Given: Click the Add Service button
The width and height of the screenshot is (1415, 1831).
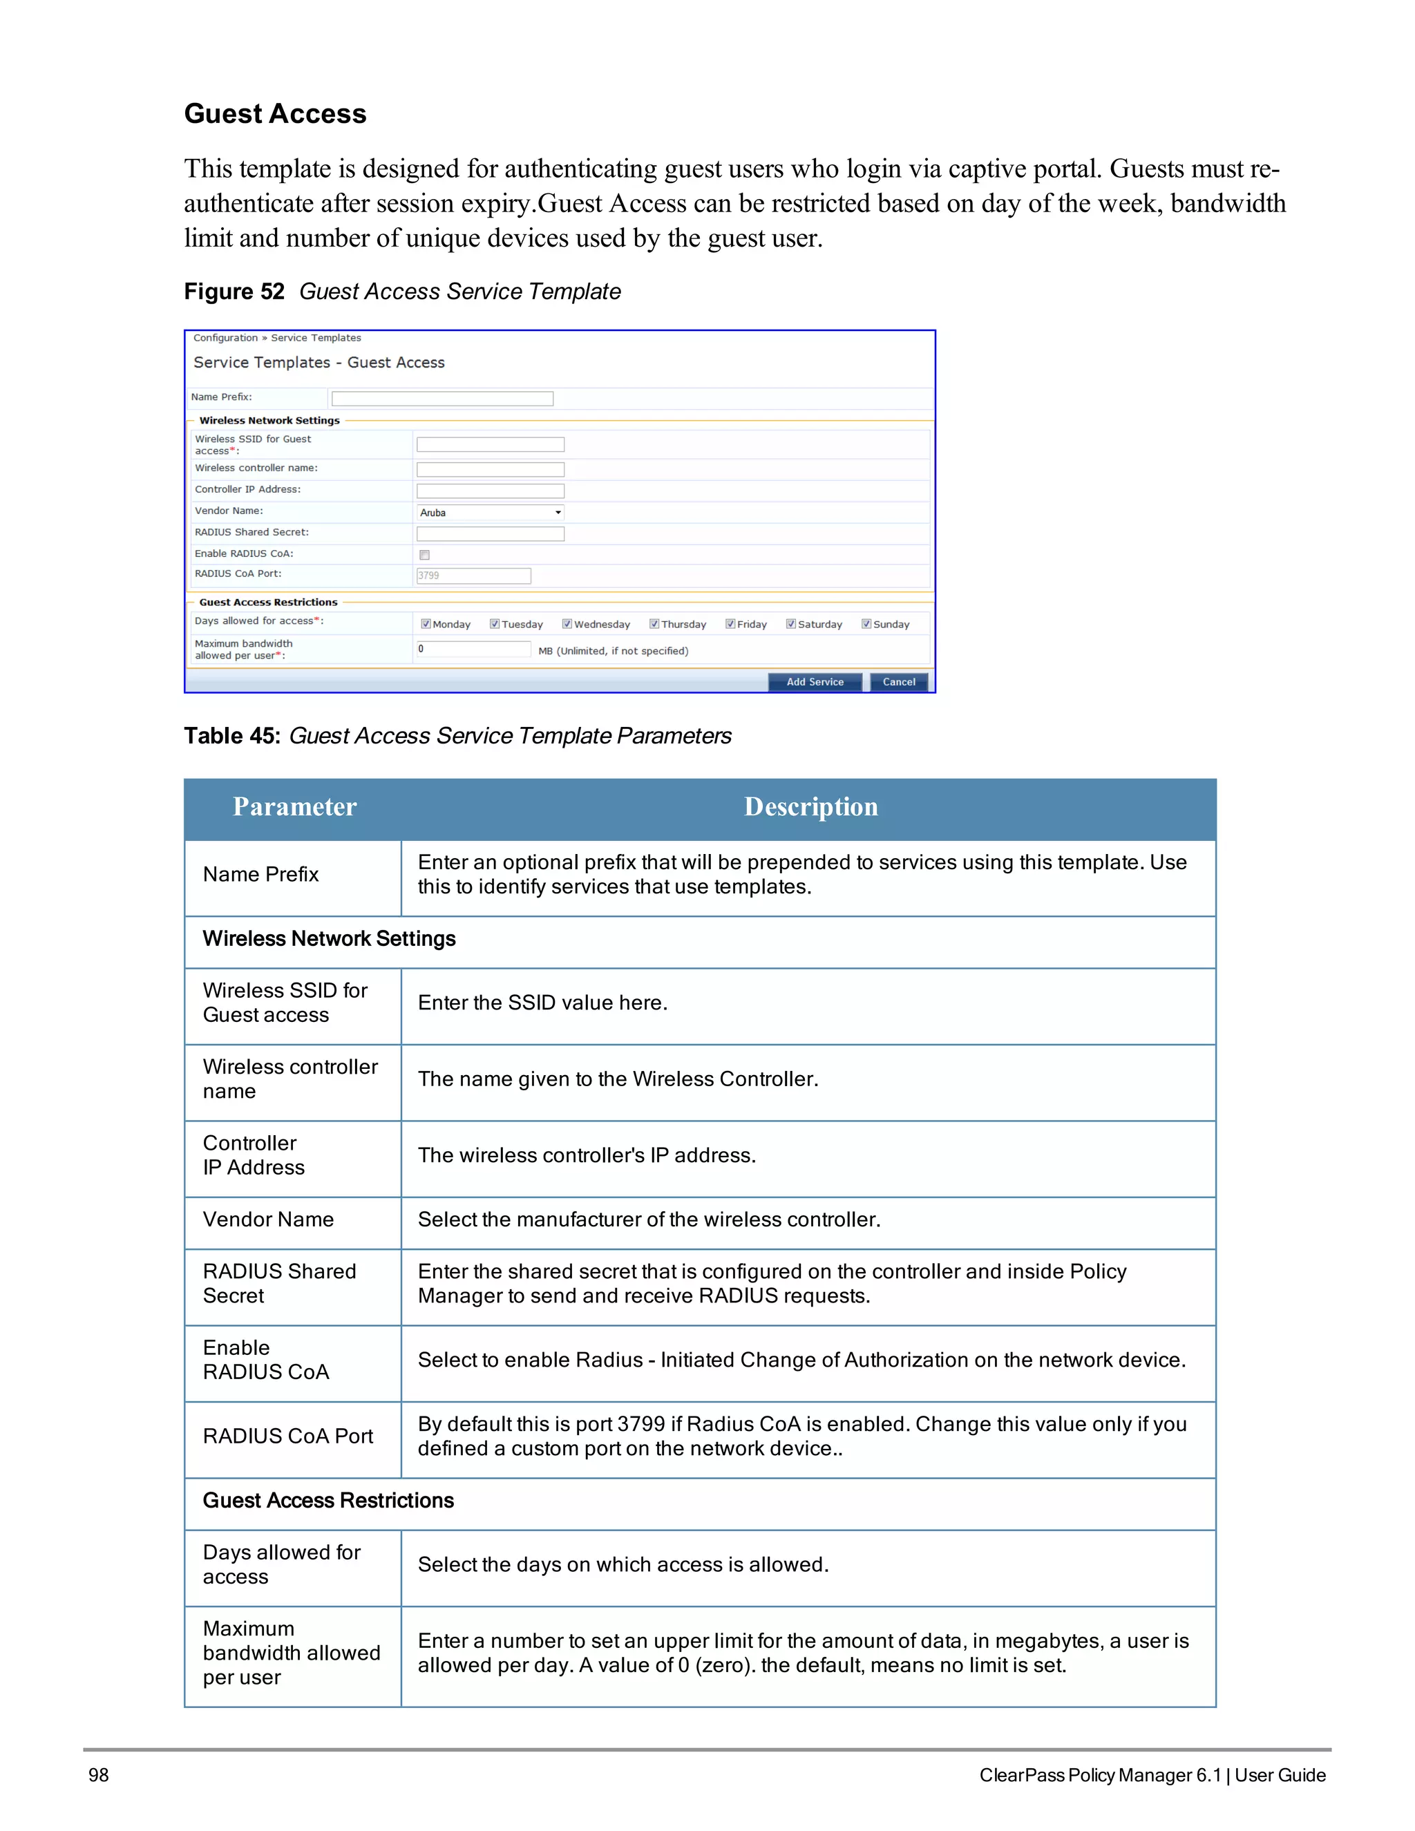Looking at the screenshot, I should click(814, 681).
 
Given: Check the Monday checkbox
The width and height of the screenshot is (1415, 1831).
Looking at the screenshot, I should click(426, 624).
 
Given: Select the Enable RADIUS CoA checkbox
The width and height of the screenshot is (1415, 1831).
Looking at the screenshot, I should click(424, 554).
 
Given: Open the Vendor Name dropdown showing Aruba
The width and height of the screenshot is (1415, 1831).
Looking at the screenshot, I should click(491, 512).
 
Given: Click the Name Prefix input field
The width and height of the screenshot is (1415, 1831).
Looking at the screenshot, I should click(441, 398).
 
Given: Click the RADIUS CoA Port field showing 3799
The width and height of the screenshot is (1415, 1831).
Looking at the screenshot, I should click(473, 575).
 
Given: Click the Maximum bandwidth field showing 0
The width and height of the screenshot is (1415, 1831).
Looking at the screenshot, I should click(473, 649).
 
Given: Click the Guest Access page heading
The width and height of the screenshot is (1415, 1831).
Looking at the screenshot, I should click(275, 114).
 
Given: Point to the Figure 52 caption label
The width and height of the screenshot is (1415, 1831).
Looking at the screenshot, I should click(234, 292).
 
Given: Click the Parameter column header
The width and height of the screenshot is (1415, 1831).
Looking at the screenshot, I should click(294, 806).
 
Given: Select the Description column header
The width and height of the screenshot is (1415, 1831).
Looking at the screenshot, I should click(810, 806).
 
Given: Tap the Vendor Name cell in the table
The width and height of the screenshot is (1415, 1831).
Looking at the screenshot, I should click(268, 1219).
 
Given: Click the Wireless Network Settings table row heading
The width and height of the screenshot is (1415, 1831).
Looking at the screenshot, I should click(329, 939).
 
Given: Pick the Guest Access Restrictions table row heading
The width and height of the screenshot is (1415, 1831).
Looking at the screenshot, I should click(327, 1500).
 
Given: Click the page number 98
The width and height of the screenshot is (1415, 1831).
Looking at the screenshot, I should click(98, 1775).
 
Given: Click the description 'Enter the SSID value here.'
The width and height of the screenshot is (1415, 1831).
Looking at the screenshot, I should click(542, 1003).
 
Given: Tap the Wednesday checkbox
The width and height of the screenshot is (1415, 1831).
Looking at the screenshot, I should click(567, 624).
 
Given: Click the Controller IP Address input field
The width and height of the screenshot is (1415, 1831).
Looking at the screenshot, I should click(491, 491).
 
